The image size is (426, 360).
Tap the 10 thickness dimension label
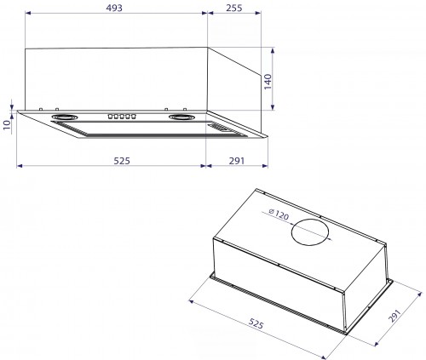click(7, 124)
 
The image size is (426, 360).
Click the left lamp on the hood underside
click(66, 118)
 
